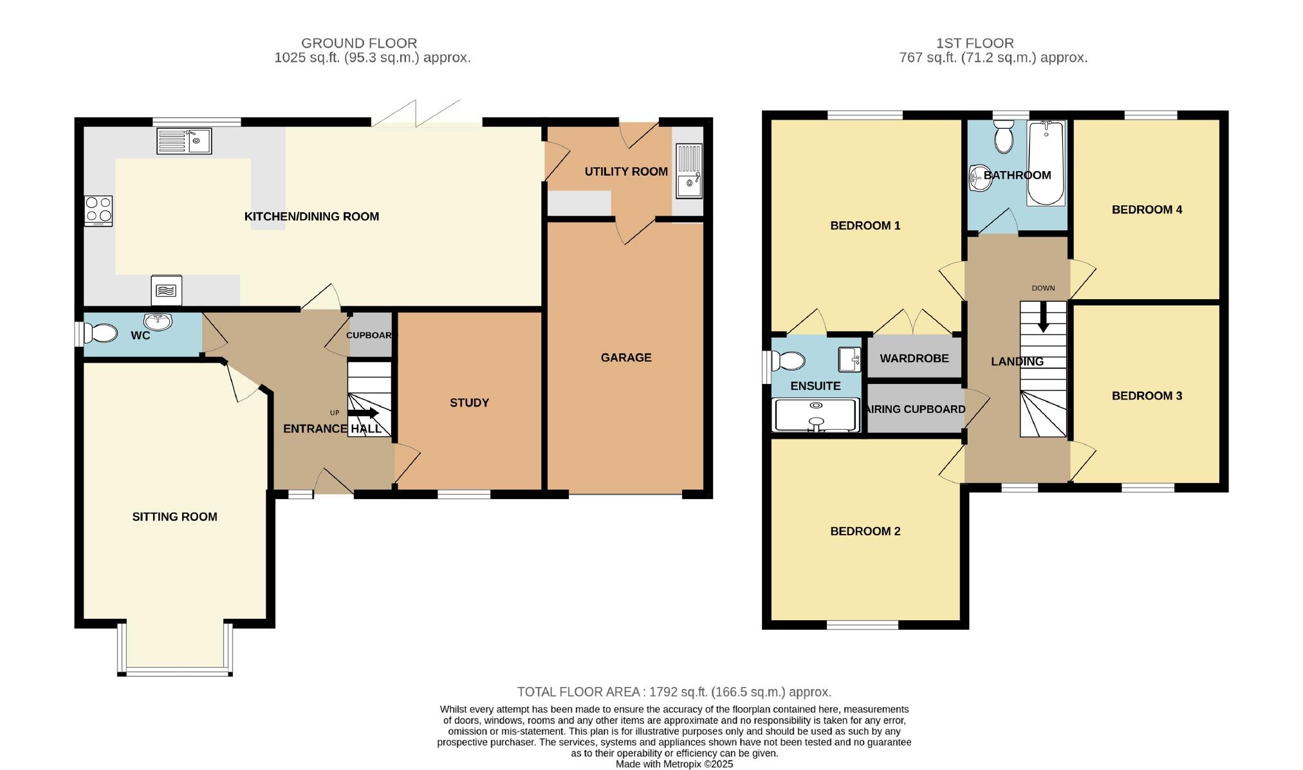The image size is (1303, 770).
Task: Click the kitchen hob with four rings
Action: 98,210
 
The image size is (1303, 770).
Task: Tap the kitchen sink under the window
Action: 184,141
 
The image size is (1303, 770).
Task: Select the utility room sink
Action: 689,171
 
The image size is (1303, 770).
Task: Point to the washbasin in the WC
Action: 158,320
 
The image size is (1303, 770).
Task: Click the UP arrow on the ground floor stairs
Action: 363,413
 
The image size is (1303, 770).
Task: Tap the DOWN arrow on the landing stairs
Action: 1043,318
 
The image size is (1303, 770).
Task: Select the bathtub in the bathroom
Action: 1046,163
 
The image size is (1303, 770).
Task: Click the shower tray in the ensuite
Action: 816,415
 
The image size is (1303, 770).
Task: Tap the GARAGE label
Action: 626,358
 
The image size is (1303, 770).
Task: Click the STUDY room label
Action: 469,403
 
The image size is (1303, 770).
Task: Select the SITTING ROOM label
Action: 174,517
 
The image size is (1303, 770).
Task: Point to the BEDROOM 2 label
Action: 865,531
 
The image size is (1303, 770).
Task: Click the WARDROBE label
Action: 914,358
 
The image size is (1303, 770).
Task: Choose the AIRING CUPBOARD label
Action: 916,409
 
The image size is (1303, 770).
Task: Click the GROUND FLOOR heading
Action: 359,43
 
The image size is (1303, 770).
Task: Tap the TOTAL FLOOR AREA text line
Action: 674,692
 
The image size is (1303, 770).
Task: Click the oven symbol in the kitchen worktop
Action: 166,290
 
